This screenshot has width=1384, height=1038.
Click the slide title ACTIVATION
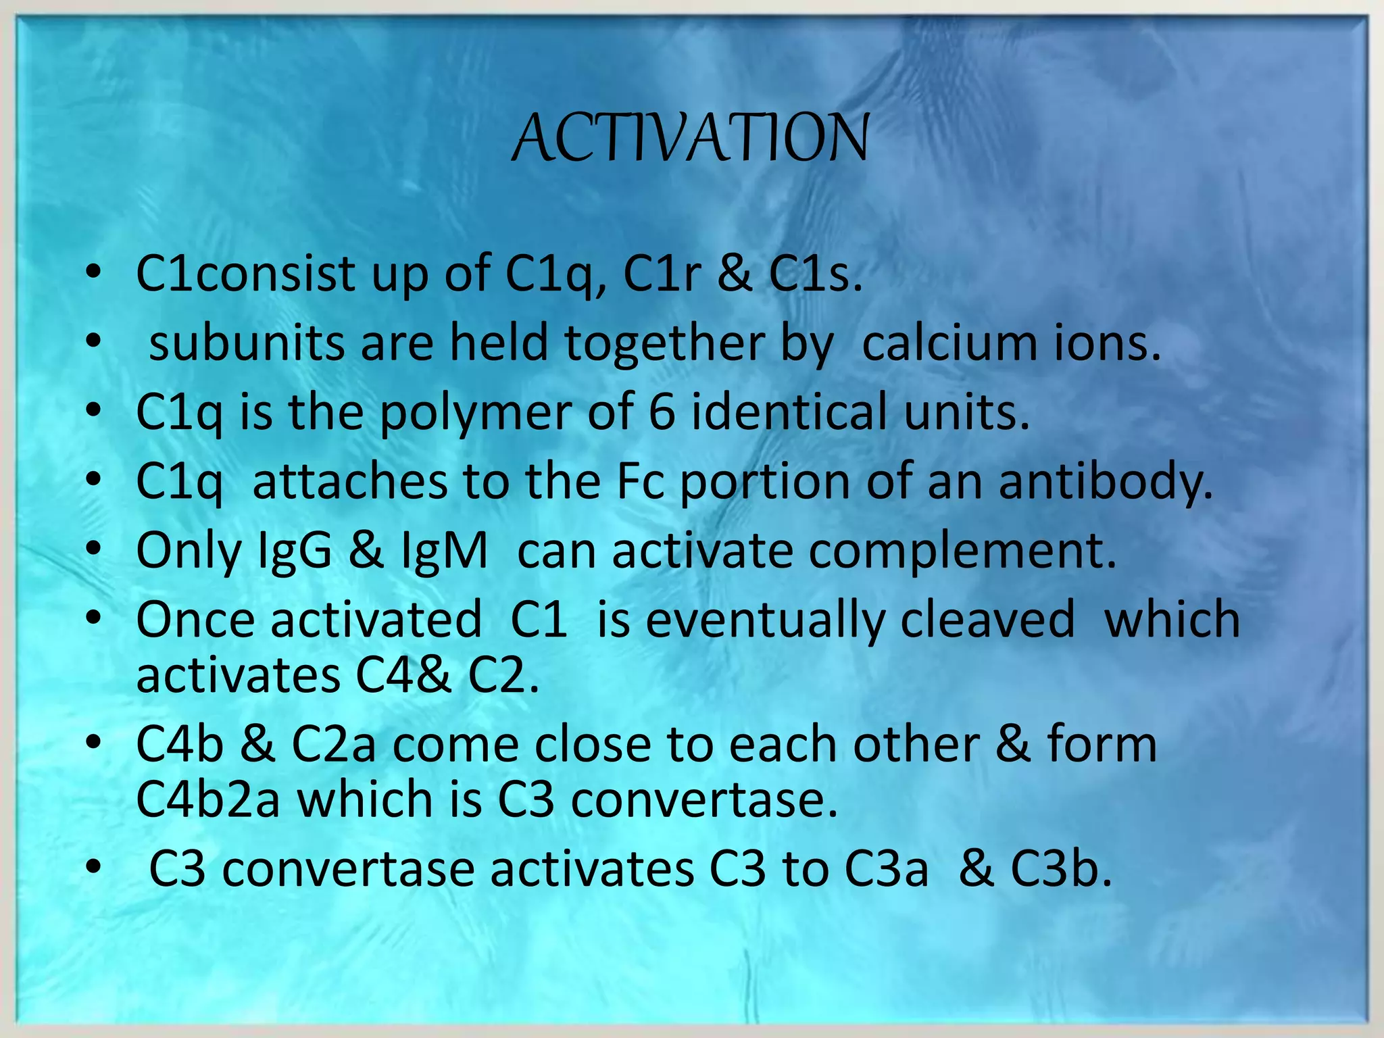click(691, 138)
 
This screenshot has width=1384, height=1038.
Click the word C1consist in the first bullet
click(246, 274)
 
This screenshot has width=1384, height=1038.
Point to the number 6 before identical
click(661, 412)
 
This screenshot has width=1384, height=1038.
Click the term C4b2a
click(208, 799)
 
